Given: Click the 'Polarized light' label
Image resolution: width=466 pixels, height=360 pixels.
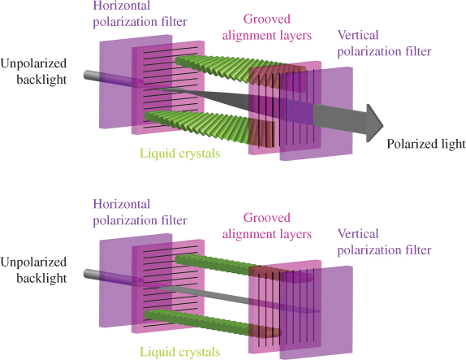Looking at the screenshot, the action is click(426, 144).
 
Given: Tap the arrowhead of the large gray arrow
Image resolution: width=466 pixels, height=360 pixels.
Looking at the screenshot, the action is click(375, 124).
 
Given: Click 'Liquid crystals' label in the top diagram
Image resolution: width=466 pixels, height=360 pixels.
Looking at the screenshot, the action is click(180, 154).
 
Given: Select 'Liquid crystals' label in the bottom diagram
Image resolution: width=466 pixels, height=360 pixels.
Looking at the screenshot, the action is click(180, 352).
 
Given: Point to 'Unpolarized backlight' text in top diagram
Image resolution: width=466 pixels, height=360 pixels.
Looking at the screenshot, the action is click(33, 72).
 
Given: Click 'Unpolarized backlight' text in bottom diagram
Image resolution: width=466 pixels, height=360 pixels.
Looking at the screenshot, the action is click(33, 270).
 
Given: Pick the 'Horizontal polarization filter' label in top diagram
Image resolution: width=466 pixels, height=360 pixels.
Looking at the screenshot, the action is click(140, 14).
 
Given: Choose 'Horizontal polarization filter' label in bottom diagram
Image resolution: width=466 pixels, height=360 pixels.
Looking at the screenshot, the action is click(140, 212).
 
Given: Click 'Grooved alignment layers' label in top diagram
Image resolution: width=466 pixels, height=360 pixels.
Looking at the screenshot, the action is click(267, 28).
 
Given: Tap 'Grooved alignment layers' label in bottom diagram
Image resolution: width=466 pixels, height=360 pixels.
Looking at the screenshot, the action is click(267, 226).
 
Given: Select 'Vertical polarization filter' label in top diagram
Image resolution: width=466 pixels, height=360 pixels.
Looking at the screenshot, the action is click(384, 43).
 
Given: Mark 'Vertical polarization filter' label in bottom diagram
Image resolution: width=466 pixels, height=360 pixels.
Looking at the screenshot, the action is click(384, 242).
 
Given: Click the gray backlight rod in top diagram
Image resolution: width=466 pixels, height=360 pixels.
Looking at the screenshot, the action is click(114, 80).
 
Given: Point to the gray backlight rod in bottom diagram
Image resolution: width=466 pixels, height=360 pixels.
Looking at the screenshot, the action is click(114, 279).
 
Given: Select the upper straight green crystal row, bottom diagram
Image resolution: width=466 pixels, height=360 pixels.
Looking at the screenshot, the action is click(244, 268).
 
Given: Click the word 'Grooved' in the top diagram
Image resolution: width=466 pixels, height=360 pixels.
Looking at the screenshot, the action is click(267, 20).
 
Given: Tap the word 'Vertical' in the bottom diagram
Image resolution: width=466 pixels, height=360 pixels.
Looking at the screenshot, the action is click(358, 234).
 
